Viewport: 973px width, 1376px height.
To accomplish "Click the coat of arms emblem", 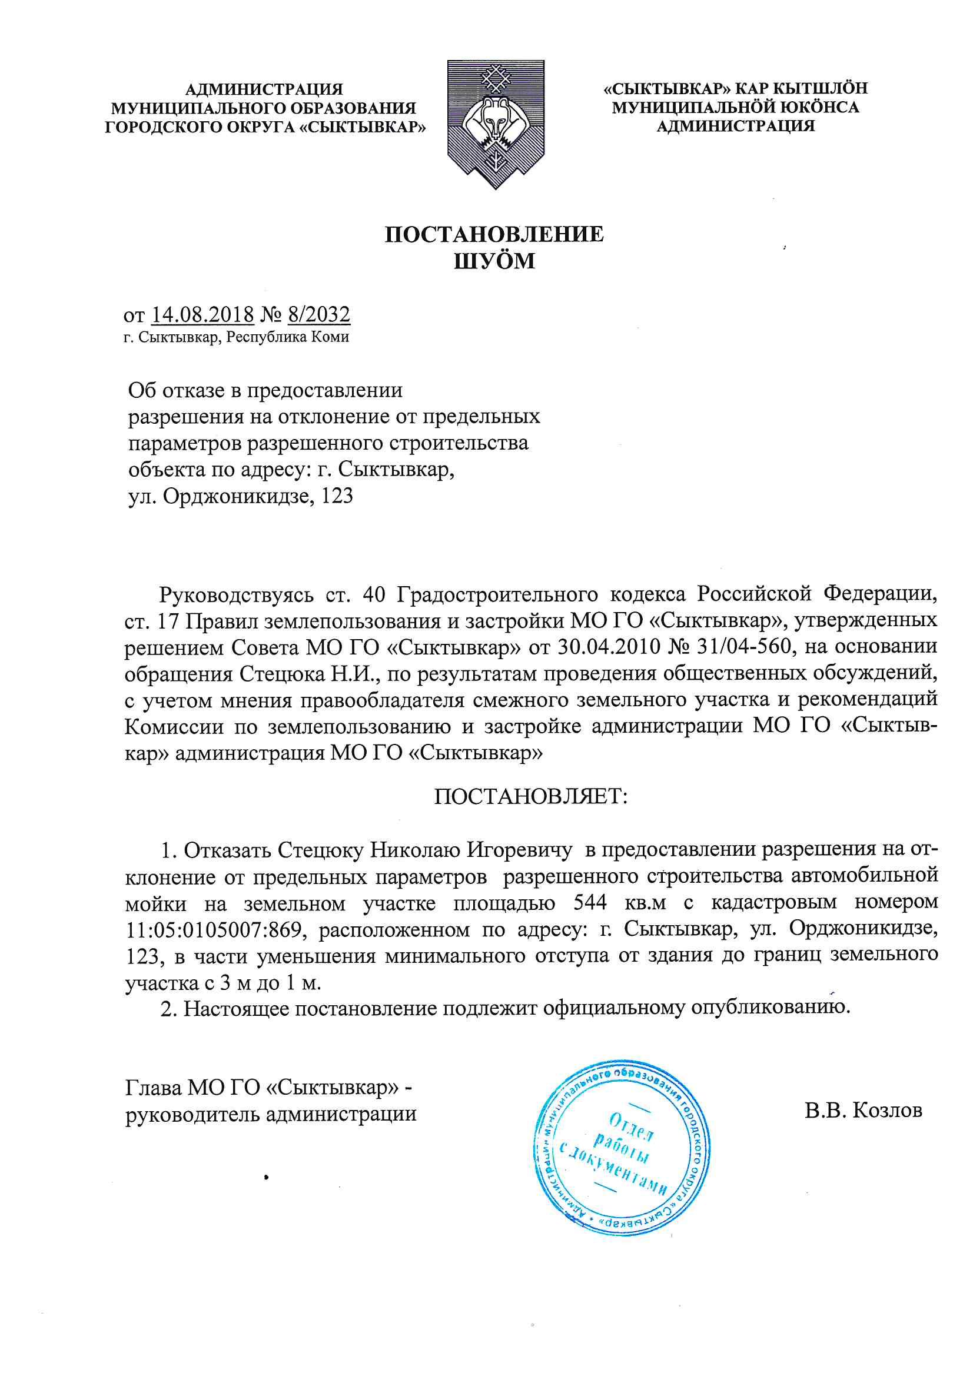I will coord(494,124).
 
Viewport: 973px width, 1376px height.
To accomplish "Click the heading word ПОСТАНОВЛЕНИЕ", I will coord(494,234).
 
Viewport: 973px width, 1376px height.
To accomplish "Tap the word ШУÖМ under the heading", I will coord(494,261).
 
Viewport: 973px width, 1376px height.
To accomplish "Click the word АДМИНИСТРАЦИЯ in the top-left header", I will coord(264,90).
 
